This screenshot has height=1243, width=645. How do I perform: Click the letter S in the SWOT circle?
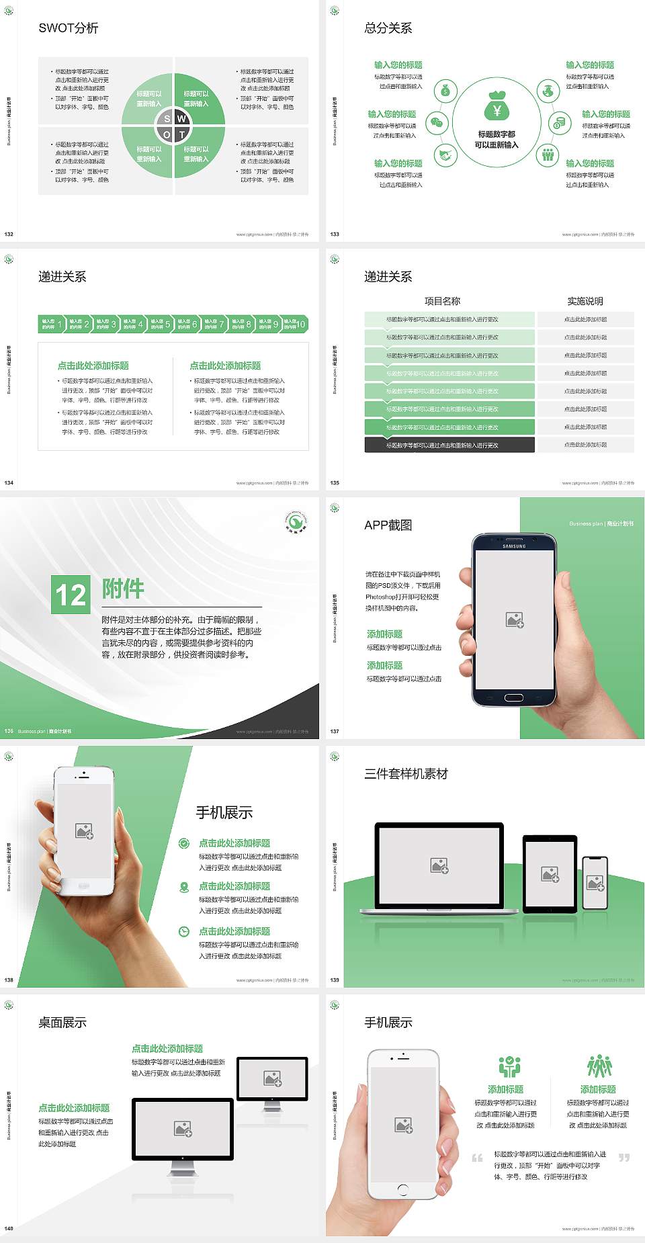point(167,119)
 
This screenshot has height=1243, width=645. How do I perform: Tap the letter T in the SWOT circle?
point(181,134)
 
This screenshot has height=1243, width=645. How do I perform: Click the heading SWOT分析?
point(69,28)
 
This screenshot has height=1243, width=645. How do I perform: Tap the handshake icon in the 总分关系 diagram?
point(445,155)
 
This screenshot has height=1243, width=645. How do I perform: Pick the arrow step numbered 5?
point(161,325)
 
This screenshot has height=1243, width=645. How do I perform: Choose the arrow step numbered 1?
point(52,325)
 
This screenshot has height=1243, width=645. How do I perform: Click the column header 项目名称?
point(442,301)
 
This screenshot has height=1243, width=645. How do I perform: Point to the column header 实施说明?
point(585,301)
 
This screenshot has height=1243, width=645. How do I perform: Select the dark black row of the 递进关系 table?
point(449,445)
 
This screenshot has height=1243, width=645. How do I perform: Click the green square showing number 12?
point(71,595)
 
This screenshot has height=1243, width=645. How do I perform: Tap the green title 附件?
point(123,589)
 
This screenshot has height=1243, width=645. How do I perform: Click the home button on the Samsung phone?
point(514,697)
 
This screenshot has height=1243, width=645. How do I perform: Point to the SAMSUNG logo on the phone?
point(514,546)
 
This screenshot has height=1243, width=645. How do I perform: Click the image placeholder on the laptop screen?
point(439,865)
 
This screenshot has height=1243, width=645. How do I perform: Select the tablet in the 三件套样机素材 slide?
point(550,874)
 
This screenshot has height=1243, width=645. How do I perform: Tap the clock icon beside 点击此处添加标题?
point(184,931)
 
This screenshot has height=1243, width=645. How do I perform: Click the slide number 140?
point(9,1228)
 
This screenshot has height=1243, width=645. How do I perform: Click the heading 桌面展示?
point(62,1023)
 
